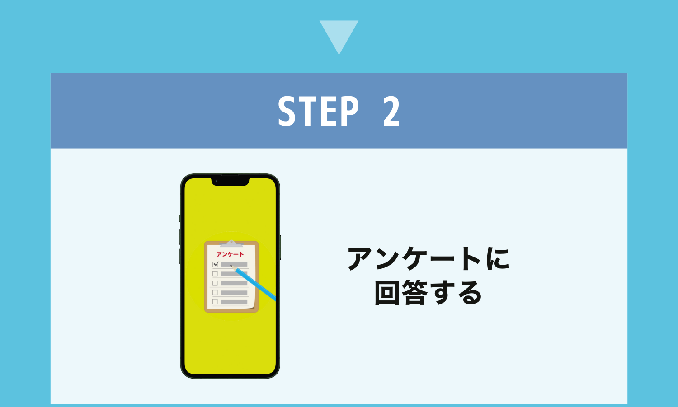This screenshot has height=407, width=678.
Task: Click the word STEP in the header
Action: [x=318, y=111]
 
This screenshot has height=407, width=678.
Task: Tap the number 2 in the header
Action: [x=391, y=111]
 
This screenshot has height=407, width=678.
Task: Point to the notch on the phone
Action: [x=231, y=182]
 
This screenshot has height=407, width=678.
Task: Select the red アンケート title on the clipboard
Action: [x=230, y=254]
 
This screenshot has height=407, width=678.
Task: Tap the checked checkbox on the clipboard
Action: [x=216, y=264]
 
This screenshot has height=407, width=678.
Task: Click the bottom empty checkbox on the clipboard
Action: [x=215, y=302]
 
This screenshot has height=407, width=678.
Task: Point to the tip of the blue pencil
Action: [x=231, y=266]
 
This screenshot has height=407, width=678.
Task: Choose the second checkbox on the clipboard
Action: [x=215, y=274]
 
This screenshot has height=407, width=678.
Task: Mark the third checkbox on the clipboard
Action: [x=215, y=283]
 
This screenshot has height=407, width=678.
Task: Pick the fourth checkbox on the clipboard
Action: [x=215, y=293]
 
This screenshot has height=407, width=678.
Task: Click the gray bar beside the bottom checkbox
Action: [x=234, y=302]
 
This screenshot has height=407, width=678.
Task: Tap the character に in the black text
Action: [x=498, y=258]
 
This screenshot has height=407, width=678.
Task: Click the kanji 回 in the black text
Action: [x=387, y=293]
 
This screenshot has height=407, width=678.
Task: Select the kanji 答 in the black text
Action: [x=414, y=293]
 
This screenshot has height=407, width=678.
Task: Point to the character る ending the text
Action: [x=469, y=293]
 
